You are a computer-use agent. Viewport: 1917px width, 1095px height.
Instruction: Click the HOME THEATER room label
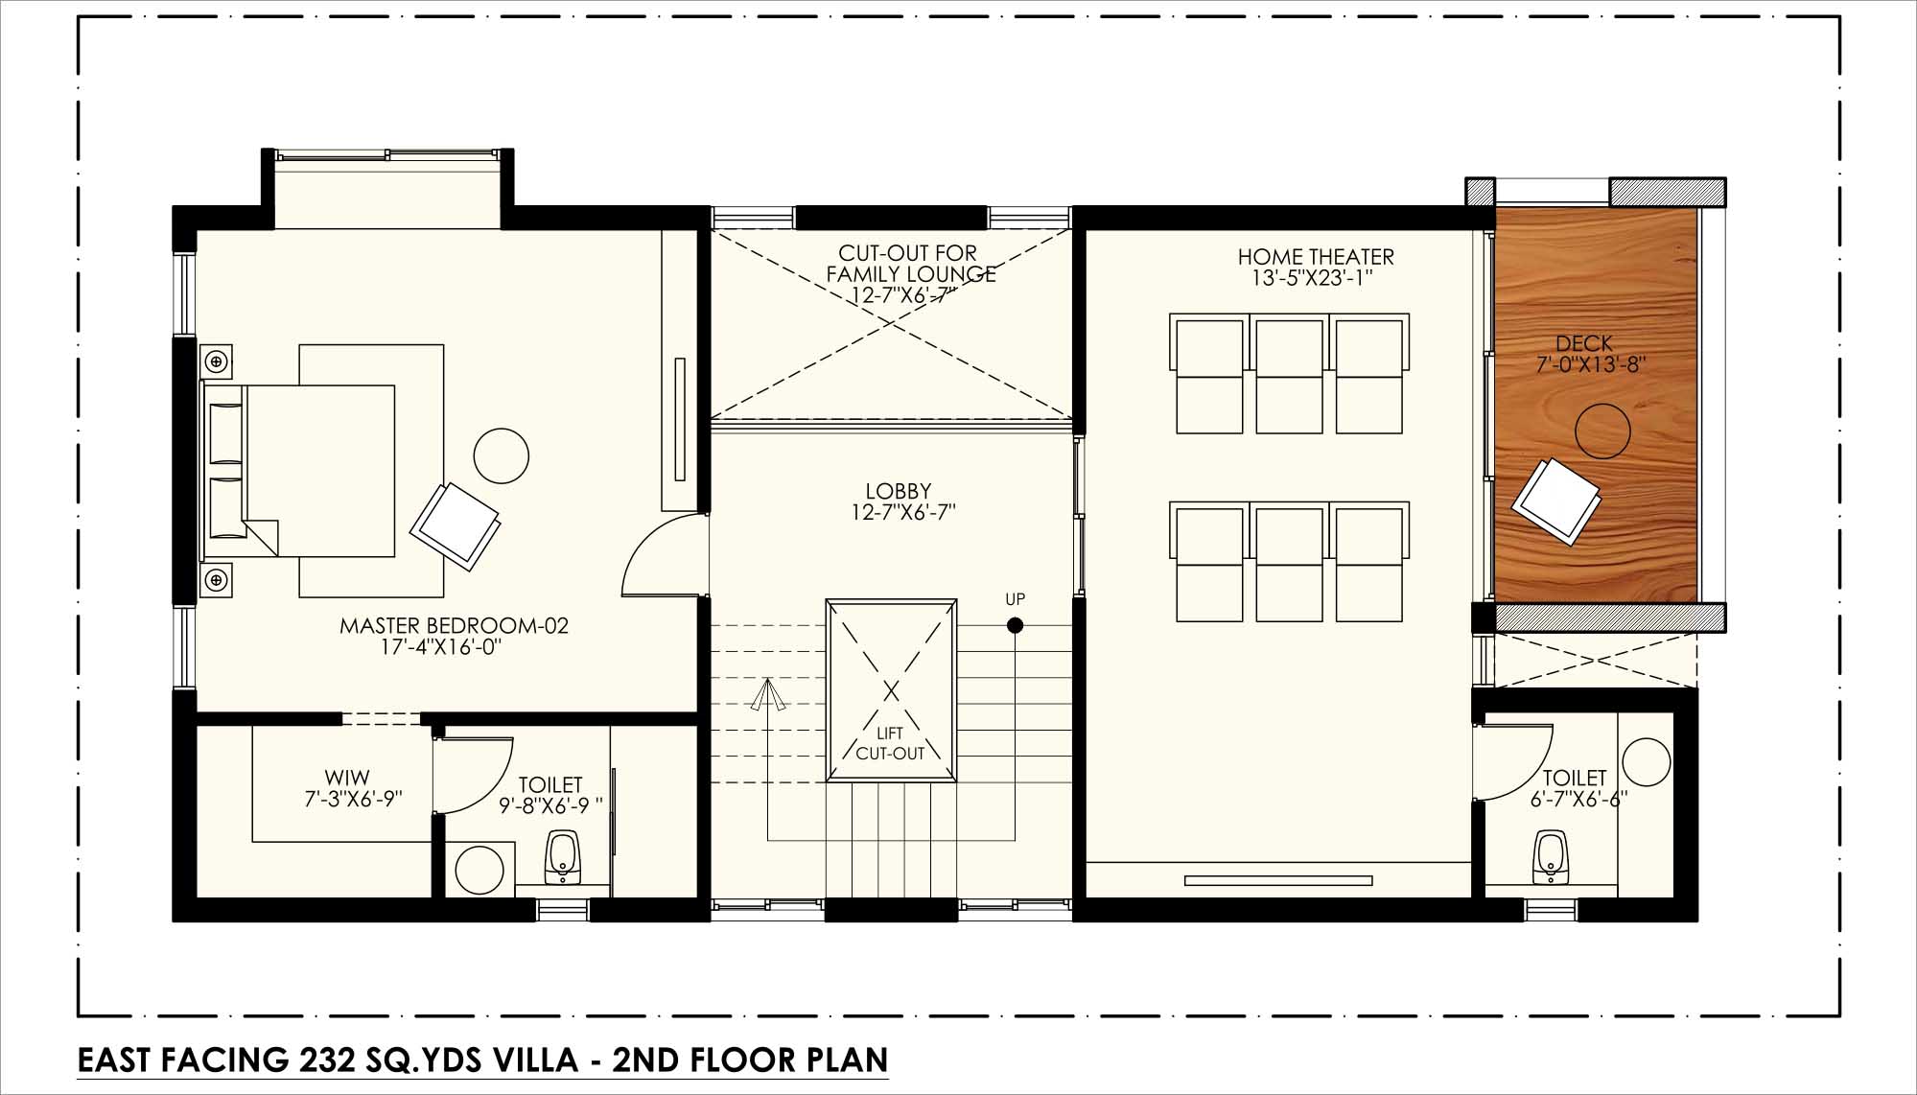(1315, 257)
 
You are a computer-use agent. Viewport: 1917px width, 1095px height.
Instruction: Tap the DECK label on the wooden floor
(1584, 343)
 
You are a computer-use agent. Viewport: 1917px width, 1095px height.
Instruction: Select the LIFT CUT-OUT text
(891, 744)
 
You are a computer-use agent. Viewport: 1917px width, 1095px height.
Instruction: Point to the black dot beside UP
(1015, 626)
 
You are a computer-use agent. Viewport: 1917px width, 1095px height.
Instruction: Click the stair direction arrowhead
(767, 695)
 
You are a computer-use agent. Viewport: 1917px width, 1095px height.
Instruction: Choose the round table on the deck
(1601, 431)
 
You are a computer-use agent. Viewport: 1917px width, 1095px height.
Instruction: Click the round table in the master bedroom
(502, 455)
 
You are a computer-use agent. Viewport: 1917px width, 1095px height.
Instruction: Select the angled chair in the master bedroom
(455, 526)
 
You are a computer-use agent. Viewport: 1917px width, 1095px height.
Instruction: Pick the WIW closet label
(347, 778)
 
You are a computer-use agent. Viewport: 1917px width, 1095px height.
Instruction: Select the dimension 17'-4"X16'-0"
(441, 648)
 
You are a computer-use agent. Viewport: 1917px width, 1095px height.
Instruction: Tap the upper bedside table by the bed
(217, 361)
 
